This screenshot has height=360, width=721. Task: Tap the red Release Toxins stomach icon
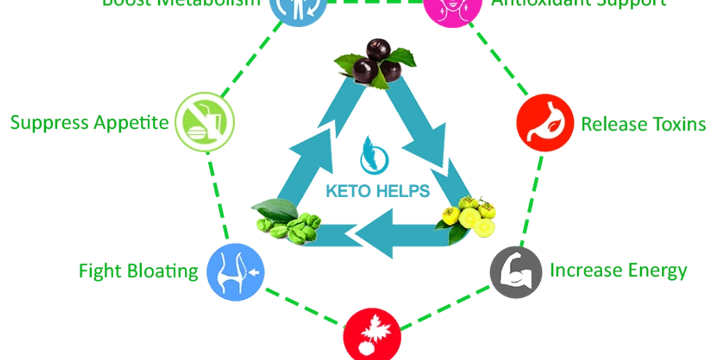545,123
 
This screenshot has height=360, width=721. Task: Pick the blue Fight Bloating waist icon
235,272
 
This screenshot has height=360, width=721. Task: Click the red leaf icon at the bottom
372,336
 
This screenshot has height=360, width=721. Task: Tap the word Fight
95,272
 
